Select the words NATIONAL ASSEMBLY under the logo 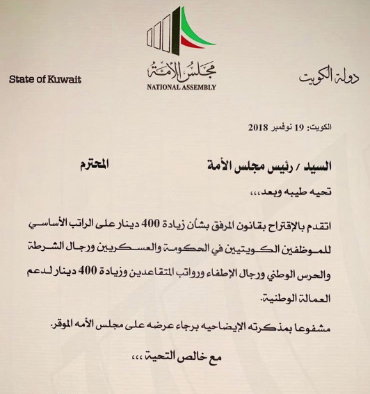tap(182, 88)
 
